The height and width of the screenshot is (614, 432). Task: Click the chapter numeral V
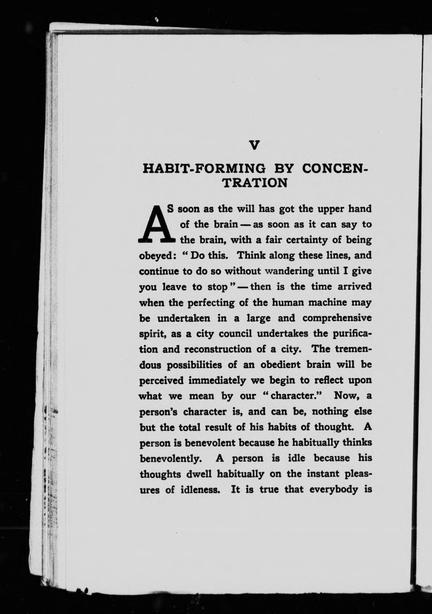(x=254, y=145)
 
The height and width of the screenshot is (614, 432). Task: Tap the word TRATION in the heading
(x=255, y=183)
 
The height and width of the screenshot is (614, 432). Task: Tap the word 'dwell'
(x=199, y=474)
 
